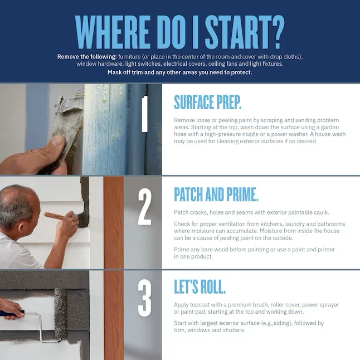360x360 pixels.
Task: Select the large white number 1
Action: pos(144,114)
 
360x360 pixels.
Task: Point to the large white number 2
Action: pos(145,207)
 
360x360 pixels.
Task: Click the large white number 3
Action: pos(145,299)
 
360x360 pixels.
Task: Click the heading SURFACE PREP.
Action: pos(207,102)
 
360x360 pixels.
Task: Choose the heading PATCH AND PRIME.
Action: pos(216,194)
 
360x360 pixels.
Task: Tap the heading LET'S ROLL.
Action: pos(200,286)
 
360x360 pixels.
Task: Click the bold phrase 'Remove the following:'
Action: pos(87,57)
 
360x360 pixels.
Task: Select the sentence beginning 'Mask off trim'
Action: pos(180,72)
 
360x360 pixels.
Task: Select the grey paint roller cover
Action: pos(60,314)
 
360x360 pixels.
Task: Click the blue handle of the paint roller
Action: pos(12,313)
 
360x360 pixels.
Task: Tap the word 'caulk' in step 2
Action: pos(321,212)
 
